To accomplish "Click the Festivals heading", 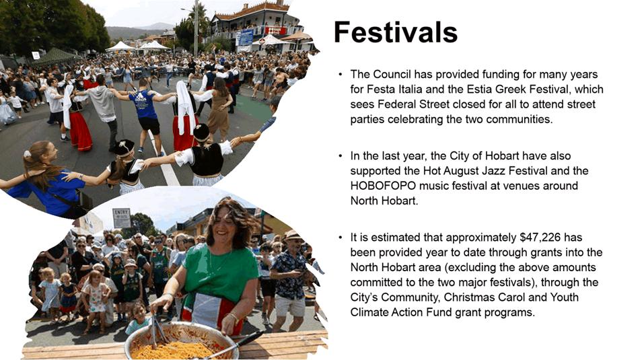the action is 396,32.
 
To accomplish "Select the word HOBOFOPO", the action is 383,186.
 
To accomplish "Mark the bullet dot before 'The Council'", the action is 341,74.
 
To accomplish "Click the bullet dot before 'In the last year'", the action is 341,156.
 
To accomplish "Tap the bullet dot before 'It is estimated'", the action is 341,238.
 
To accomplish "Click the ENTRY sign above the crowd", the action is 122,218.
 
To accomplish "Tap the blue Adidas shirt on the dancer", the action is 143,104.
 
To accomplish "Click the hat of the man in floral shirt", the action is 292,235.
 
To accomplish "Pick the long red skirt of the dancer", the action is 80,131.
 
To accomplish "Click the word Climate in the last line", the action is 369,312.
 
